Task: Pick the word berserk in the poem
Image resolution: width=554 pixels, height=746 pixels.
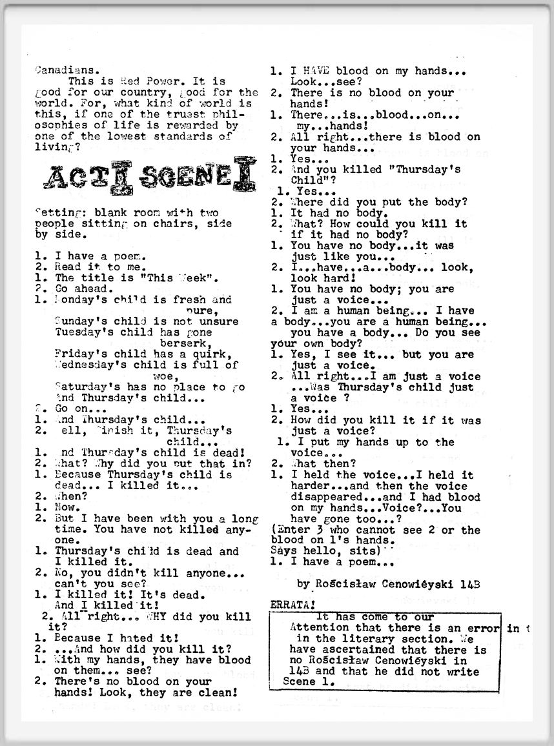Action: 185,343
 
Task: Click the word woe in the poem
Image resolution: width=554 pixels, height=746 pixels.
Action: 163,376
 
